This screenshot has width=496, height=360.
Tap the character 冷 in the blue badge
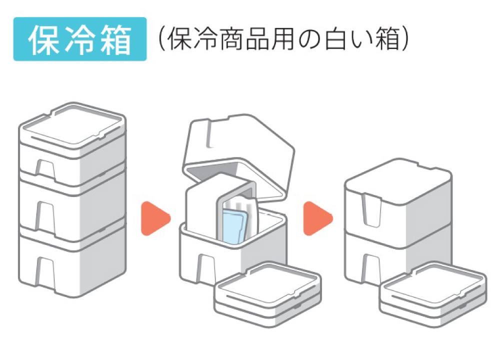80,39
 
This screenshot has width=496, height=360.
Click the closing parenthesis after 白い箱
406,39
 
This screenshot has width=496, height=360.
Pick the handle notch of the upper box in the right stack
373,210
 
